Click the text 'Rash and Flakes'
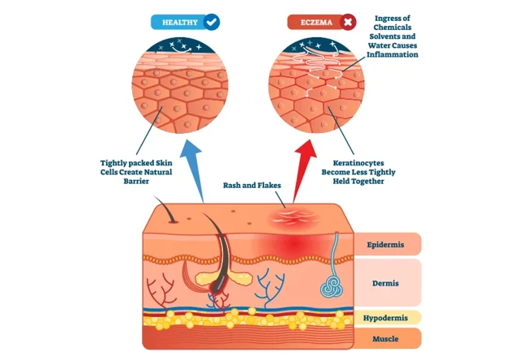coord(252,186)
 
